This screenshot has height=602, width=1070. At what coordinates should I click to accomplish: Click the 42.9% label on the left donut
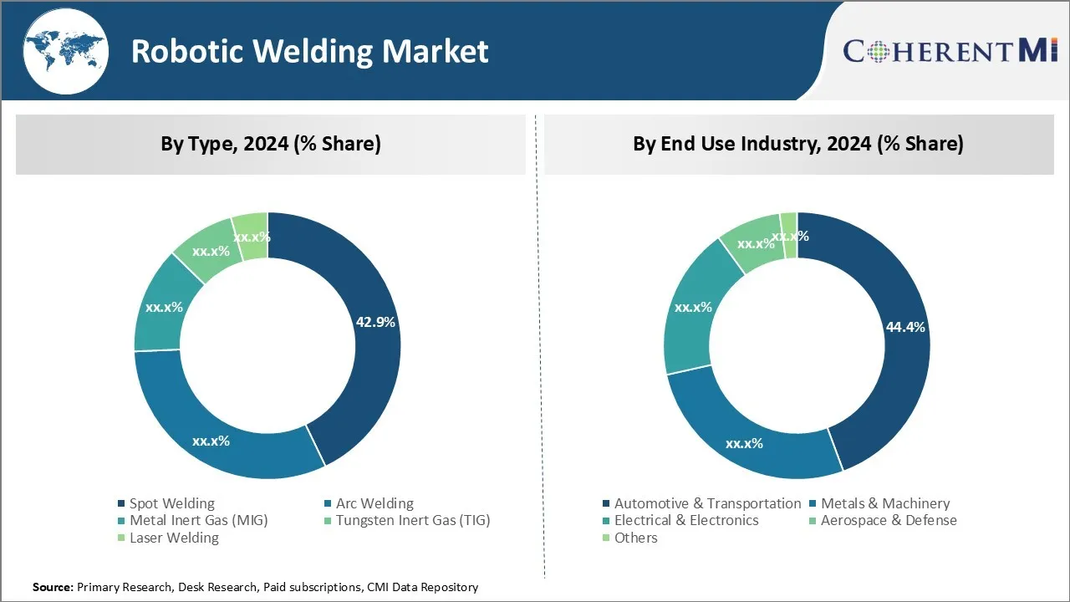[375, 322]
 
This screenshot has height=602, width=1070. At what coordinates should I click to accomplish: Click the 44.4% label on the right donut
[905, 327]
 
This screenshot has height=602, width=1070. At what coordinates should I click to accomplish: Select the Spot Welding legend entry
[171, 503]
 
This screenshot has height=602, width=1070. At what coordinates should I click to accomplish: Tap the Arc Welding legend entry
[374, 503]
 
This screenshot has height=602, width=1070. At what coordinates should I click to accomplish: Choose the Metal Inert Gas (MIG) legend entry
[198, 520]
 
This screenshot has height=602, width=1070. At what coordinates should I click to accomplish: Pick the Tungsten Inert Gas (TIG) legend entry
[412, 520]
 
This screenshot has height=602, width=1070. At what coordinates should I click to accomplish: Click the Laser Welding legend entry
[173, 538]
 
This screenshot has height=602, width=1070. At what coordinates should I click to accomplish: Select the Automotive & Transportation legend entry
[707, 503]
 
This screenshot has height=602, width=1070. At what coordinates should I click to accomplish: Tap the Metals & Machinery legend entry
[884, 503]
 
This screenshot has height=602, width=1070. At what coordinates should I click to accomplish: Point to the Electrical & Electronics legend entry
[685, 520]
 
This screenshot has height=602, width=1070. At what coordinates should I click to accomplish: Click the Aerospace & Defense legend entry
[888, 520]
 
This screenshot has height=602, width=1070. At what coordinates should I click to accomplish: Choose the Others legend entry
[635, 538]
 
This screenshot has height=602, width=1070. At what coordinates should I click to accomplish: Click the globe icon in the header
[65, 51]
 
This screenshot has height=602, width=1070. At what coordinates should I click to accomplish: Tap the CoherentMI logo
[950, 50]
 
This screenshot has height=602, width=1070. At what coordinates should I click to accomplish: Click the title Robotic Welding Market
[309, 52]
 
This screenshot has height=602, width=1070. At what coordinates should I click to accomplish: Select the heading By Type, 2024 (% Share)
[271, 144]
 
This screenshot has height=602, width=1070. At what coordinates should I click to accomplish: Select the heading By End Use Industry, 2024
[797, 144]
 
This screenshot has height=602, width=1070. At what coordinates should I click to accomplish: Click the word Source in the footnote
[53, 588]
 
